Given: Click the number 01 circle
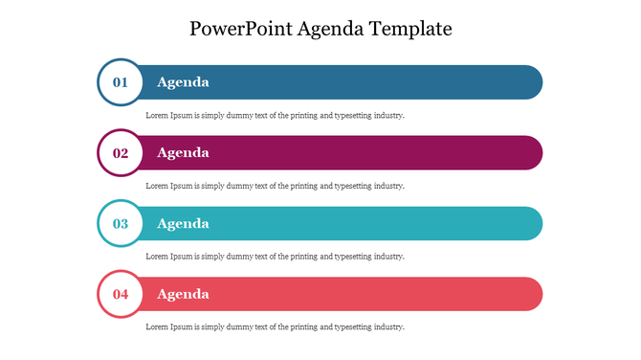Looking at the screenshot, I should click(121, 82).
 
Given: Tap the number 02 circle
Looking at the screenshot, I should click(121, 153).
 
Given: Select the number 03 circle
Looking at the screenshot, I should click(121, 224).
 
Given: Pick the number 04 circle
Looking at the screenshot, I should click(121, 295).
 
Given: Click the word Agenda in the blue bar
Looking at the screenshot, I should click(183, 82).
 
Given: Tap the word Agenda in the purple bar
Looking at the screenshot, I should click(183, 153).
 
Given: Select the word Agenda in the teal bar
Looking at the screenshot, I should click(183, 224).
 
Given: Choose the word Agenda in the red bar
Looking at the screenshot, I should click(183, 295).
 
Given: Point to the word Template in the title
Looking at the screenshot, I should click(412, 29).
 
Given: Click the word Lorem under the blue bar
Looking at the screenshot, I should click(157, 115).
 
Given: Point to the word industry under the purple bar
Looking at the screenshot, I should click(388, 186).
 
